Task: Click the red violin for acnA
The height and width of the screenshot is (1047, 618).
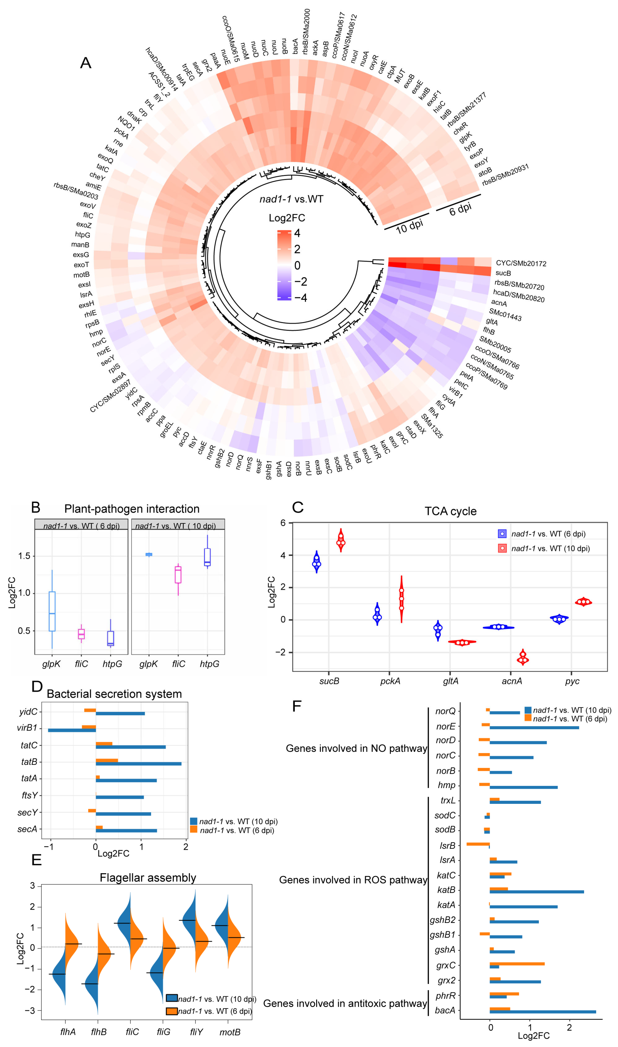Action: coord(523,657)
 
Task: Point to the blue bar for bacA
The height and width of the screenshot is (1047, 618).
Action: coord(542,1012)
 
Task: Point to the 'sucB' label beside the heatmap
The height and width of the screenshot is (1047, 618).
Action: coord(503,273)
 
